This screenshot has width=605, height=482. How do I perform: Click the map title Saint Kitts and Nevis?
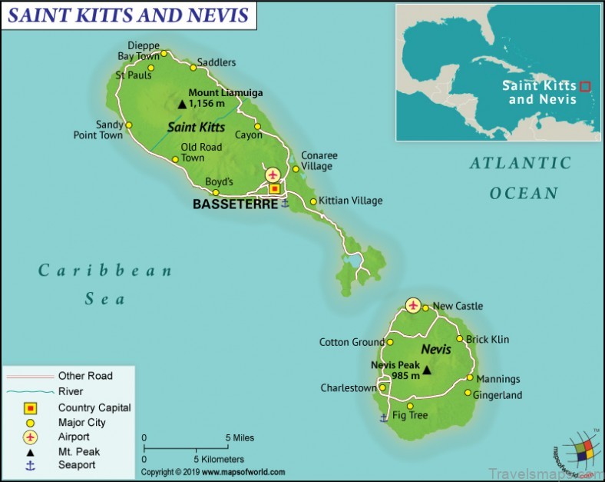pyautogui.click(x=128, y=15)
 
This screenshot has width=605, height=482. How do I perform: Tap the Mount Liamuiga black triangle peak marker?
pyautogui.click(x=182, y=104)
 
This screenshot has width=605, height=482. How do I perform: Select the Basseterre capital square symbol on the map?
pyautogui.click(x=274, y=188)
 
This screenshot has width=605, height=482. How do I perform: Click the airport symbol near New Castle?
pyautogui.click(x=414, y=305)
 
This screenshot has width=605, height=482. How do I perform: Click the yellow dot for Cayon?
pyautogui.click(x=257, y=124)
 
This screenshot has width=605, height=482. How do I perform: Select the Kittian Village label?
pyautogui.click(x=350, y=201)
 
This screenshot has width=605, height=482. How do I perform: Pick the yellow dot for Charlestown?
pyautogui.click(x=382, y=388)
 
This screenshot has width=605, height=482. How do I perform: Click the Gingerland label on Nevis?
pyautogui.click(x=498, y=395)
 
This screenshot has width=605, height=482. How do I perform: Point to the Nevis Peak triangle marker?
pyautogui.click(x=427, y=371)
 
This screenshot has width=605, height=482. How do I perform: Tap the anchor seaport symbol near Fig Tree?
pyautogui.click(x=383, y=417)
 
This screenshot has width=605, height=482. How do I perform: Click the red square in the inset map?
pyautogui.click(x=585, y=87)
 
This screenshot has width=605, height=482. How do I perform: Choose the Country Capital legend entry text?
pyautogui.click(x=94, y=407)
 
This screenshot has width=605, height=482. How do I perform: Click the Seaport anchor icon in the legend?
pyautogui.click(x=31, y=465)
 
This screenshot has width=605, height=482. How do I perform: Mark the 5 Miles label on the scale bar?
pyautogui.click(x=240, y=438)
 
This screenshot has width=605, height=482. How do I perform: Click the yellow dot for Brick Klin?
pyautogui.click(x=460, y=339)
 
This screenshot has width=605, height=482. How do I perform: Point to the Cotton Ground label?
pyautogui.click(x=352, y=342)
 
